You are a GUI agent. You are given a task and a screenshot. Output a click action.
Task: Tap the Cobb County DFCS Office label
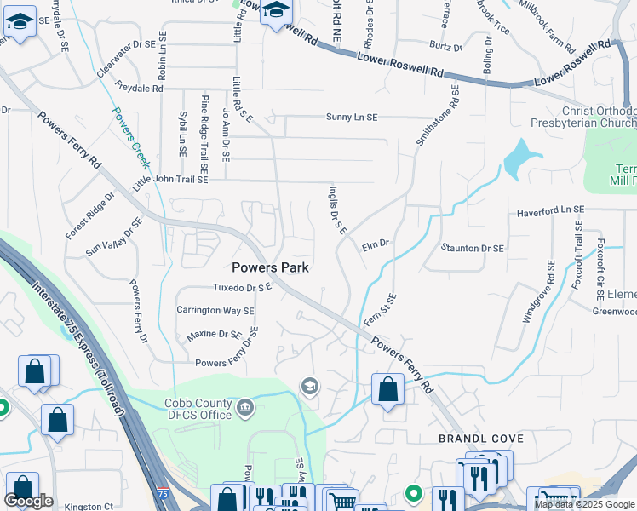point(195,409)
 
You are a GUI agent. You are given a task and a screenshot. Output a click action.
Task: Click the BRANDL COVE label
point(481,438)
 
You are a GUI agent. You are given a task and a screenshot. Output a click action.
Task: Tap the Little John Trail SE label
point(170,181)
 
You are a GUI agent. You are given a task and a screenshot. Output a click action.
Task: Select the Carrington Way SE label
point(215,311)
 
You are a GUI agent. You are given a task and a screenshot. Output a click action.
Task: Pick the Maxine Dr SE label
point(214,335)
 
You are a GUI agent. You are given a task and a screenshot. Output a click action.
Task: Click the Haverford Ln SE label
point(550,209)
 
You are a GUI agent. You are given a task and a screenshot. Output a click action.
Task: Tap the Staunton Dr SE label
point(473,248)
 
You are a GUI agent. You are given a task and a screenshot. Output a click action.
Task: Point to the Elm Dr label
point(375,244)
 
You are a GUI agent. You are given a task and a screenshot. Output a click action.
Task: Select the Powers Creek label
point(129,137)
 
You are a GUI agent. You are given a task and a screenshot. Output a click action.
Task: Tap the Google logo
point(28,501)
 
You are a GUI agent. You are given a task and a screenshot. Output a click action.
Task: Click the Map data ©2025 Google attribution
point(584,504)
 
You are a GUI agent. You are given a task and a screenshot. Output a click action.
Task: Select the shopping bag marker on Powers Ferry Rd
point(387,389)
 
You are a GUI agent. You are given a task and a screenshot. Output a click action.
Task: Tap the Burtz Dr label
point(446,48)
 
